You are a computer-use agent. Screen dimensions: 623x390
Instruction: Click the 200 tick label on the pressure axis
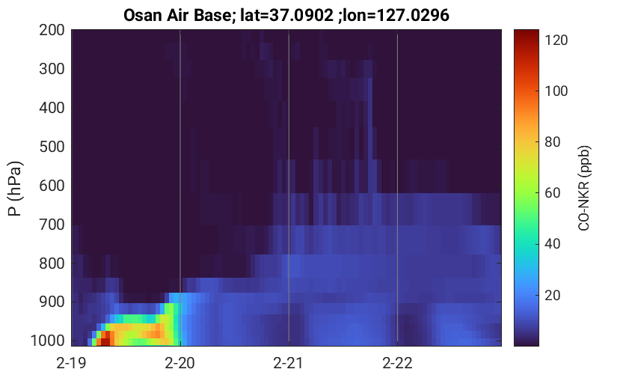pos(52,30)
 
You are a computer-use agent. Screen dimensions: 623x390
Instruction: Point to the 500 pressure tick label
pos(52,147)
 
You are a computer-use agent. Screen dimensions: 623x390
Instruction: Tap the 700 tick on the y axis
pos(52,225)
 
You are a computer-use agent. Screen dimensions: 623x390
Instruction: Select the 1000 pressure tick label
pos(47,341)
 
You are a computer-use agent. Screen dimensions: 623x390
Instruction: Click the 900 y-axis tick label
pos(52,302)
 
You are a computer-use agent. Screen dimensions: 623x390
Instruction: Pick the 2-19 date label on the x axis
pos(72,363)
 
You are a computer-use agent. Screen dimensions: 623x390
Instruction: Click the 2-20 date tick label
pos(180,363)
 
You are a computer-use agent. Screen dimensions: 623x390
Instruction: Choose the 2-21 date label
pos(289,363)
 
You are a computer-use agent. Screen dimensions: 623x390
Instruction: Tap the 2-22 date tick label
pos(397,363)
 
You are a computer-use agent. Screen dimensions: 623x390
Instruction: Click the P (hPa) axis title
pos(15,189)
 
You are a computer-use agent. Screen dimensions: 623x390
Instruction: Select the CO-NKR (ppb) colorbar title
pos(584,188)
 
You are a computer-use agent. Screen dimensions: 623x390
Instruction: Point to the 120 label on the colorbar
pos(556,40)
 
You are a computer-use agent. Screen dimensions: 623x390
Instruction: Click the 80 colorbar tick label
pos(552,142)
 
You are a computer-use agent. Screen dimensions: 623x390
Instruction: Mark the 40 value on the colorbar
pos(552,244)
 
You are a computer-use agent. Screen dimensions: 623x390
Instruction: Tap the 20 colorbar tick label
pos(552,295)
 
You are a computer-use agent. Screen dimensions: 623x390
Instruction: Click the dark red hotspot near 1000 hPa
pos(105,341)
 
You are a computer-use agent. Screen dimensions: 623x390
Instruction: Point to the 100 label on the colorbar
pos(556,91)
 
